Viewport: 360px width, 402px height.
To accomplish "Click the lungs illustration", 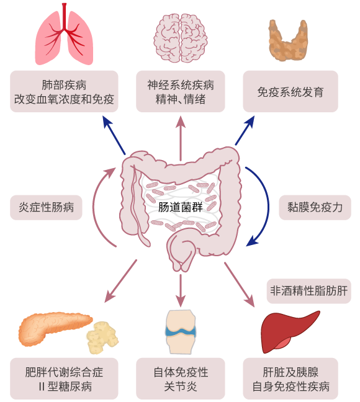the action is tap(64, 36).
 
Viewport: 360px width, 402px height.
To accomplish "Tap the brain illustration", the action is tap(181, 38).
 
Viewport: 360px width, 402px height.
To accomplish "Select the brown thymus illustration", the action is tap(288, 41).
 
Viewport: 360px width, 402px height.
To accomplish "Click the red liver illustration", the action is tap(290, 331).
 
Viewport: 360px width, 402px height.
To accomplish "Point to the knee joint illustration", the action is tap(181, 332).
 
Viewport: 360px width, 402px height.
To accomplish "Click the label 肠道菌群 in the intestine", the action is tap(181, 207).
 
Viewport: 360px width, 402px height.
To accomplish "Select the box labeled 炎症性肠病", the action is tap(46, 207).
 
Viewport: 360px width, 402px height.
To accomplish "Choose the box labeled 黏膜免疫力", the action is tap(315, 207).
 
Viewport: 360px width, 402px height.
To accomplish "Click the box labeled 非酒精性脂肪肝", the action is tap(309, 291).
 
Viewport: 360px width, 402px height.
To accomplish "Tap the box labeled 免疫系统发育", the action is tap(290, 92).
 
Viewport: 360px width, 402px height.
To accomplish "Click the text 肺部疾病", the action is tap(64, 85).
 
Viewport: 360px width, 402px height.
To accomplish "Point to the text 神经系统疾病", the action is tap(181, 85).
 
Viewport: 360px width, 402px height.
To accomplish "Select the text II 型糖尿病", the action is tap(65, 386).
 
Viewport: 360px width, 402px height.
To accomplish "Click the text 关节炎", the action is tap(181, 386).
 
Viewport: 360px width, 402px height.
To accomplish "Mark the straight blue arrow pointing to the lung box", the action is tap(114, 135).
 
